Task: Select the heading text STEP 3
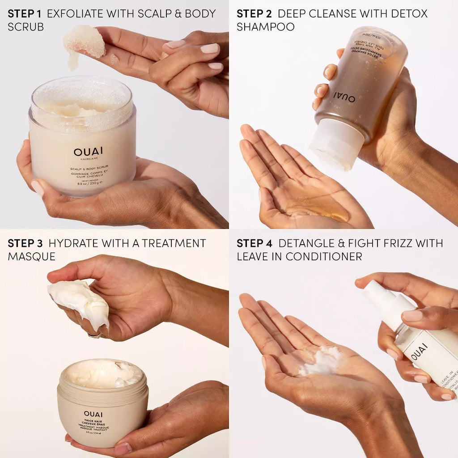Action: [x=25, y=243]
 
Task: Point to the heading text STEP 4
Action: [x=254, y=243]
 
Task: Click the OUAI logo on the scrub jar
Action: [x=88, y=152]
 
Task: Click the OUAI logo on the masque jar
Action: [x=93, y=414]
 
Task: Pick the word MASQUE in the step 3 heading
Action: [x=31, y=256]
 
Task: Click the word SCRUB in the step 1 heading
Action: [x=25, y=27]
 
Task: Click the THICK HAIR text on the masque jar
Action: [x=93, y=421]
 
